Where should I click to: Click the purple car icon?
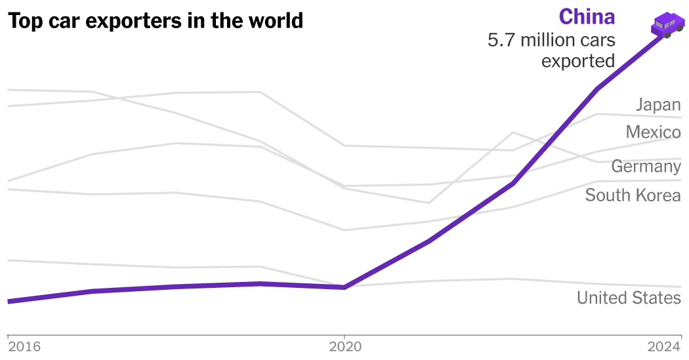[x=667, y=25]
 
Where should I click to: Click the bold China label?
[x=587, y=16]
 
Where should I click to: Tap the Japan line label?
[x=658, y=104]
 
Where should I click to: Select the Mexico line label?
[x=653, y=132]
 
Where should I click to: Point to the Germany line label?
[x=646, y=167]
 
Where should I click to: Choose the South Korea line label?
[x=633, y=195]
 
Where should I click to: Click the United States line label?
[x=629, y=298]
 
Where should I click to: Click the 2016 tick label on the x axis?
[x=25, y=346]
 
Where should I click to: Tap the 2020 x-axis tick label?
[x=344, y=346]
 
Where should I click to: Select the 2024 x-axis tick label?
[x=664, y=346]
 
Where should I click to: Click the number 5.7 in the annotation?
[x=501, y=41]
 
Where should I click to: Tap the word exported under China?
[x=578, y=61]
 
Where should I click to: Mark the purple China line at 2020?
[x=344, y=287]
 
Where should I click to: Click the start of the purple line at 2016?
[x=9, y=301]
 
